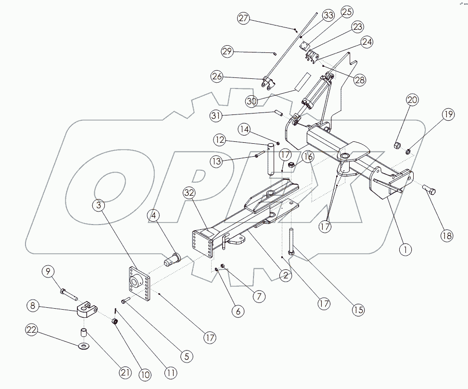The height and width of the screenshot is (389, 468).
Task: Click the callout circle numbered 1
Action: point(405,250)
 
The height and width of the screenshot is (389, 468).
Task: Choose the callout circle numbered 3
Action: point(99,205)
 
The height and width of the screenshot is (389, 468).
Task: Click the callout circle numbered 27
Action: point(244,18)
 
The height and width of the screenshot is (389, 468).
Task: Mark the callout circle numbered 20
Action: point(412,100)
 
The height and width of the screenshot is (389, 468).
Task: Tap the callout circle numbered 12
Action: point(220,141)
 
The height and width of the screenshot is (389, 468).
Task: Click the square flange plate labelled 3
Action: point(139,285)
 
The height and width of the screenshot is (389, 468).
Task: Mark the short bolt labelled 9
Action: point(67,292)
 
